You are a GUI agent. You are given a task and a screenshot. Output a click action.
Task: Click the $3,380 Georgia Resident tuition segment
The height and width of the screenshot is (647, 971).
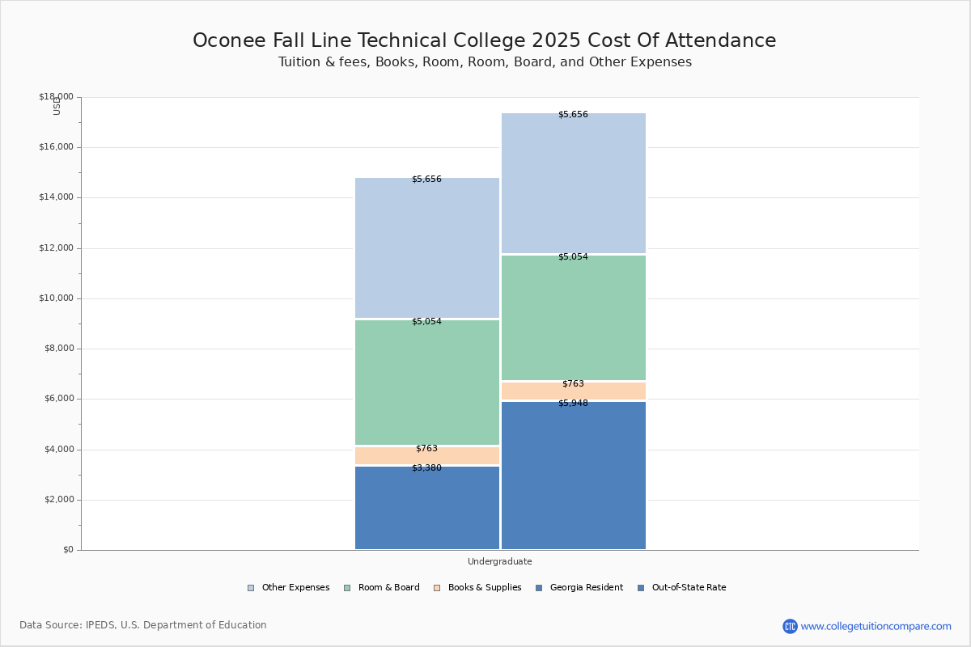(427, 508)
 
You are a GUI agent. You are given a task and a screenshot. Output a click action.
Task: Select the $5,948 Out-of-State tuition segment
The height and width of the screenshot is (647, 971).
(573, 476)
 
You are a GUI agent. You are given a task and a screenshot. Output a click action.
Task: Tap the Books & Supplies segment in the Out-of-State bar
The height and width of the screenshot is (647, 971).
(573, 391)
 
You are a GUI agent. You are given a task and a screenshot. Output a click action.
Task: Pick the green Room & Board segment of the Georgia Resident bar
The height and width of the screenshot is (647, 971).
(427, 383)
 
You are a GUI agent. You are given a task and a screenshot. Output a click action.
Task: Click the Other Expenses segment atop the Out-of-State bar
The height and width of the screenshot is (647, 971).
(573, 184)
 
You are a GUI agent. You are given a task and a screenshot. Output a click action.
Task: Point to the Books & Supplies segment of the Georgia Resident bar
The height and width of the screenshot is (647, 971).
(427, 455)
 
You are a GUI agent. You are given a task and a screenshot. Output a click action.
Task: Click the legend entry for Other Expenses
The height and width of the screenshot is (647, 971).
(289, 588)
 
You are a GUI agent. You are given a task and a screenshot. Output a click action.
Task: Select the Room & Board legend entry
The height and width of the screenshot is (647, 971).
(382, 588)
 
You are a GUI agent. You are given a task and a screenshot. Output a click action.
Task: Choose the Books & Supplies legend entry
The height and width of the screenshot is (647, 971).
(477, 588)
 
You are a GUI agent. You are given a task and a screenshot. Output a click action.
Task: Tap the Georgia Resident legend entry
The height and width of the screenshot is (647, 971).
(579, 588)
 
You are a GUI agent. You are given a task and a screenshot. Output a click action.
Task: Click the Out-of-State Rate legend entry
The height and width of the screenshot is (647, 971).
(681, 588)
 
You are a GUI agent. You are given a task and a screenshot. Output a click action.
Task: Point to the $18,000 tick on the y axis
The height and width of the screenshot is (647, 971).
(56, 97)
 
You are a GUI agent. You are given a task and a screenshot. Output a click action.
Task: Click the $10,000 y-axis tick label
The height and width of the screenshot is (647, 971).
(56, 298)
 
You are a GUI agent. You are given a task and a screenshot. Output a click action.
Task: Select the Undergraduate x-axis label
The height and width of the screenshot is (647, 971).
(499, 561)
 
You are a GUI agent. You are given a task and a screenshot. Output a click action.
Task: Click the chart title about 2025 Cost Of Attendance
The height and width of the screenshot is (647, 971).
(484, 40)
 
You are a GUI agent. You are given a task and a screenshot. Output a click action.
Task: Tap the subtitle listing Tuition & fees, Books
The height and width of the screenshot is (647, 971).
(484, 62)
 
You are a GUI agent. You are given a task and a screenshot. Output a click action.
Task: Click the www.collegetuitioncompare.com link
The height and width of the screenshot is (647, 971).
(876, 626)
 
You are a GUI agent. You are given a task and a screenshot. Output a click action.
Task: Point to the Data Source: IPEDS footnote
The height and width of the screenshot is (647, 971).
(143, 625)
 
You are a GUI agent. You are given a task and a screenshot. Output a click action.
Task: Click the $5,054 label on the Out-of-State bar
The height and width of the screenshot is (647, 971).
(573, 257)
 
